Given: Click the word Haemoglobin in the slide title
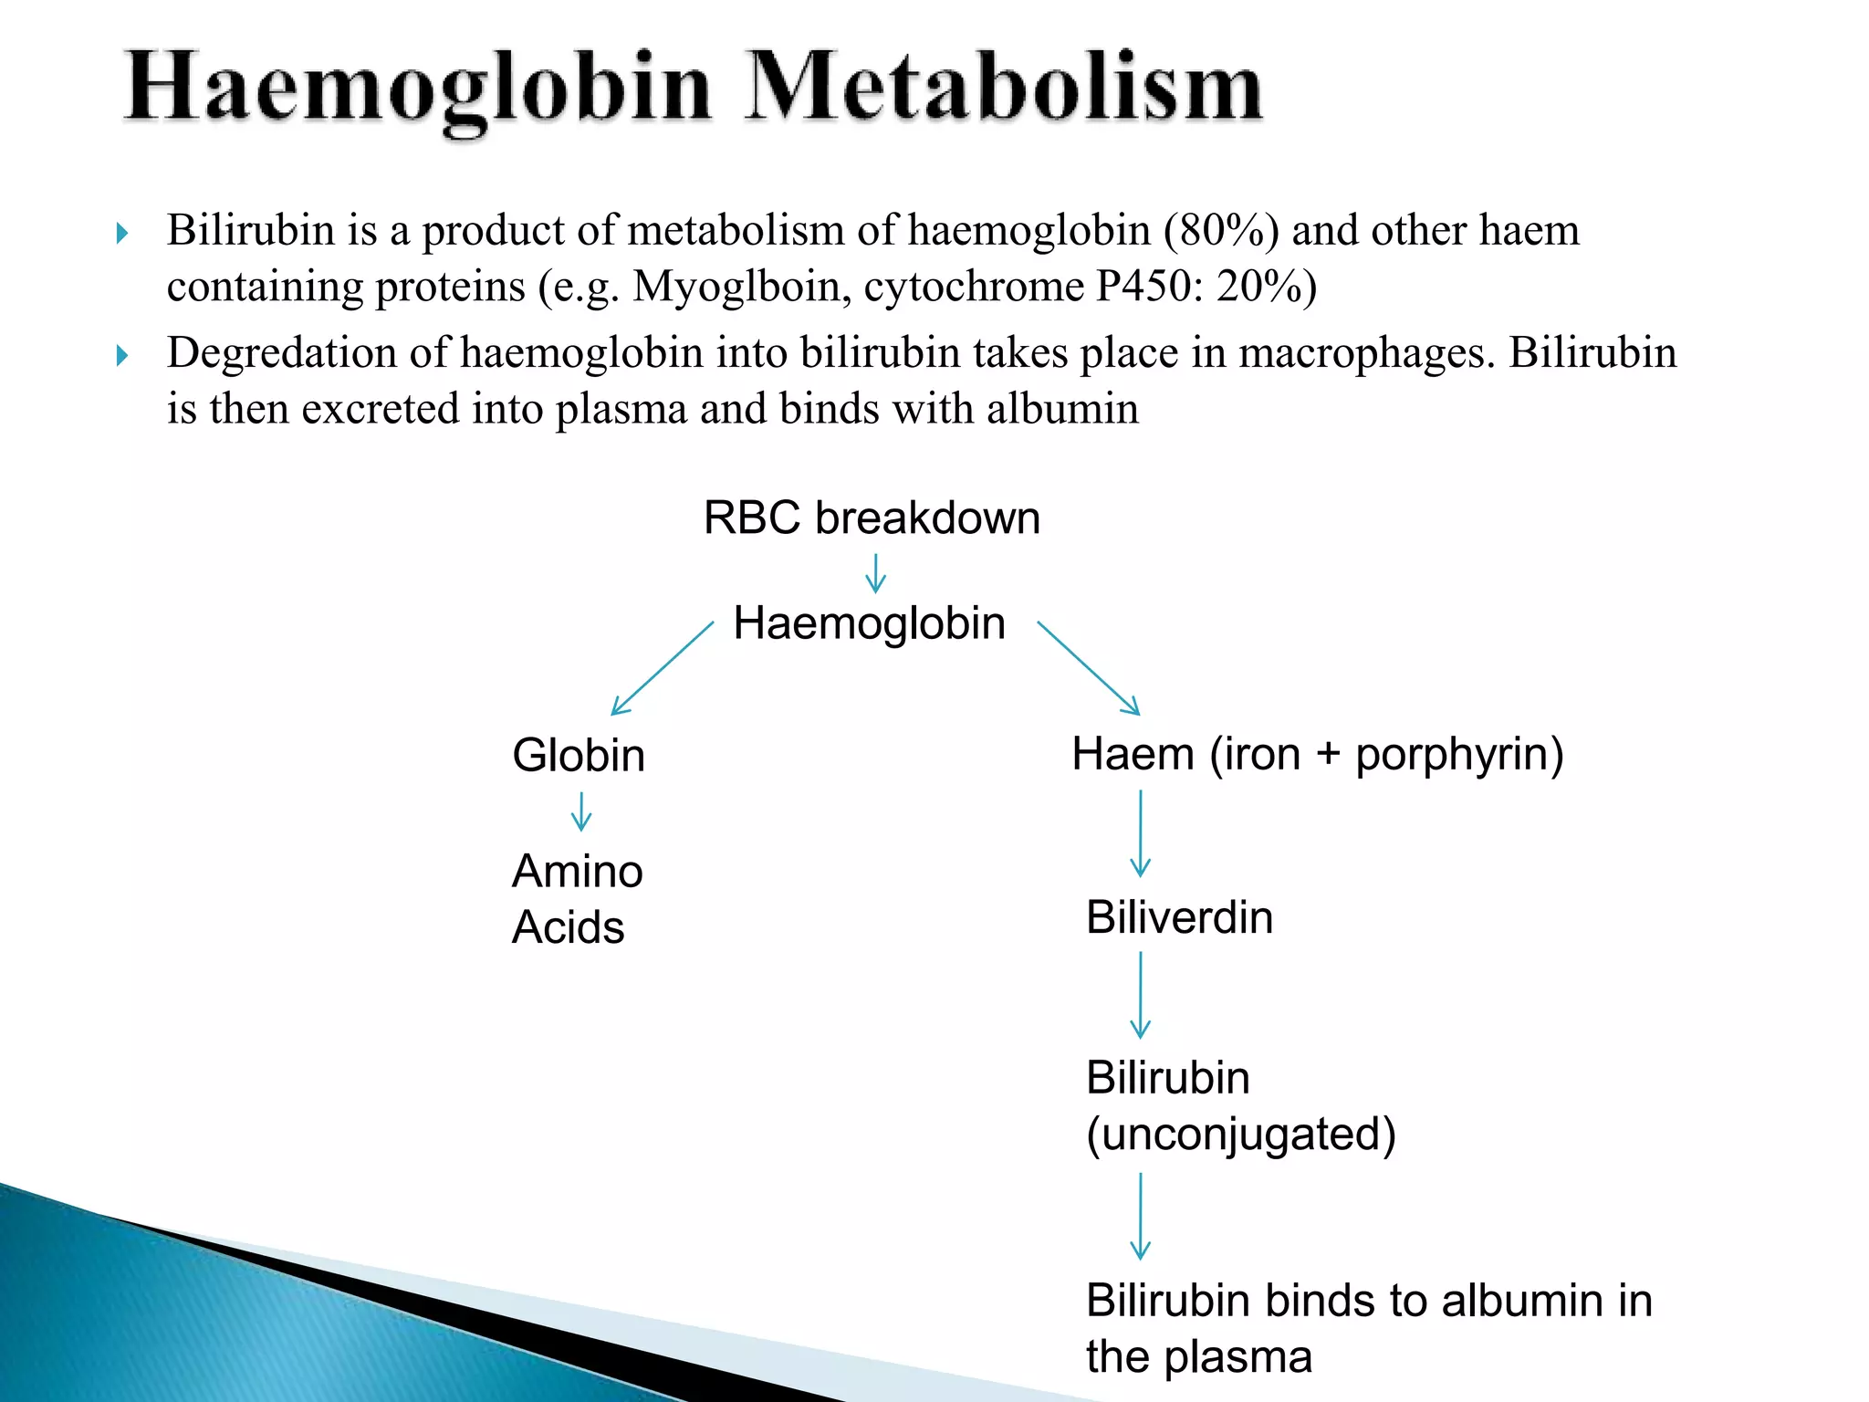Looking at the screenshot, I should pyautogui.click(x=418, y=89).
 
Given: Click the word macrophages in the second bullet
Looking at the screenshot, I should pyautogui.click(x=1366, y=353).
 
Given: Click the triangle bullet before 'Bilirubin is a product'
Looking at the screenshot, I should pyautogui.click(x=122, y=234).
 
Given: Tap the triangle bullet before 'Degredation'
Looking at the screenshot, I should pyautogui.click(x=122, y=355).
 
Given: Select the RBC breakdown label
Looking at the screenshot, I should pyautogui.click(x=872, y=518).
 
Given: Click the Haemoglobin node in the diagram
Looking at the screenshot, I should pyautogui.click(x=869, y=623).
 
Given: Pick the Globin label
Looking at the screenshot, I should pyautogui.click(x=579, y=756).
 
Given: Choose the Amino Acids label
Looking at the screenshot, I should pyautogui.click(x=577, y=899).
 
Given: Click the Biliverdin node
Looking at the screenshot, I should pyautogui.click(x=1179, y=917).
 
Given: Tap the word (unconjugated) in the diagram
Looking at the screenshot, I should pyautogui.click(x=1241, y=1135).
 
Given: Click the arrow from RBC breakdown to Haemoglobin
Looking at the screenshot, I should pyautogui.click(x=875, y=572).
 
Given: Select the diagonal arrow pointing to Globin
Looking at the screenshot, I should pyautogui.click(x=661, y=669).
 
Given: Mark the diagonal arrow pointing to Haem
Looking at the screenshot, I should pyautogui.click(x=1089, y=668).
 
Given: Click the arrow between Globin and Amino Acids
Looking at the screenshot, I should pyautogui.click(x=581, y=811).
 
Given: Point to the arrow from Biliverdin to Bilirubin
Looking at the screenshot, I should pyautogui.click(x=1140, y=995).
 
